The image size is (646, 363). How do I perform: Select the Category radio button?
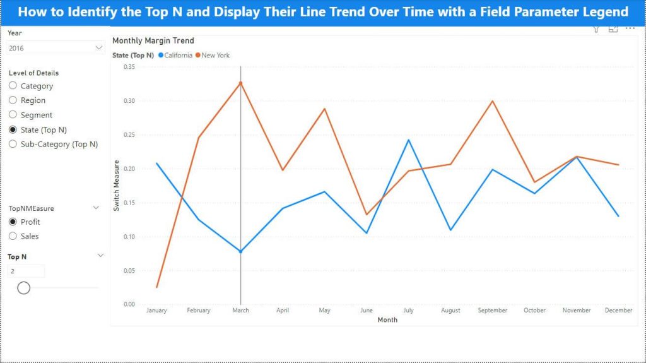(13, 86)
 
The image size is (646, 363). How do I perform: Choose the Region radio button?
(13, 100)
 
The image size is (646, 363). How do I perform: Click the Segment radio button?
(13, 115)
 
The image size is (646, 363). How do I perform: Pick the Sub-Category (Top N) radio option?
(13, 144)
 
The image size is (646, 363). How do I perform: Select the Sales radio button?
(13, 236)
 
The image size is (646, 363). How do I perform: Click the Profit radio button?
(13, 222)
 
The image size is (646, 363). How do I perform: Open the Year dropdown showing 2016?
(56, 48)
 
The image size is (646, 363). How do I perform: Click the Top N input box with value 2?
(26, 271)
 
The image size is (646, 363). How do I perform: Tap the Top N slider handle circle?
(24, 288)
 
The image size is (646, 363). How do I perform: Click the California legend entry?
(175, 56)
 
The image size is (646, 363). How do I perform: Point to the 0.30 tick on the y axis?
(129, 101)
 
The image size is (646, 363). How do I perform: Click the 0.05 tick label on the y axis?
(129, 271)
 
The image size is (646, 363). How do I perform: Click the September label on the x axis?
(493, 311)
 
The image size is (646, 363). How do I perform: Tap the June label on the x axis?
(367, 311)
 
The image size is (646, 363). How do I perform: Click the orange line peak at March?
(241, 82)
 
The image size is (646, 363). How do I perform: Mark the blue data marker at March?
(241, 252)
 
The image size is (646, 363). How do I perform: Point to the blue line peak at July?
(409, 140)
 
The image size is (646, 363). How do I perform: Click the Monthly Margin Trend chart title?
(153, 41)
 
